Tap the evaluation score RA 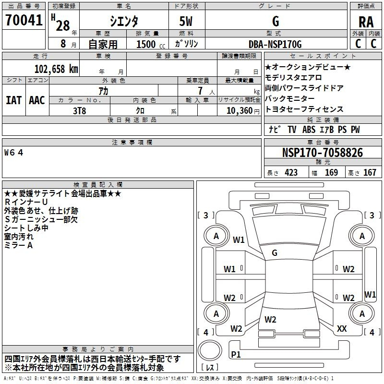pyautogui.click(x=366, y=22)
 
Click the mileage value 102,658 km pyautogui.click(x=56, y=69)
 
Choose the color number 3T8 pyautogui.click(x=80, y=110)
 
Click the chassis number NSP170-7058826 pyautogui.click(x=322, y=153)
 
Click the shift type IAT pyautogui.click(x=14, y=100)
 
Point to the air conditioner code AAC pyautogui.click(x=37, y=100)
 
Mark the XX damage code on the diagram pyautogui.click(x=342, y=329)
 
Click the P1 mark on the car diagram pyautogui.click(x=236, y=354)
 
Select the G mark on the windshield pyautogui.click(x=274, y=253)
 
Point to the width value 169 pyautogui.click(x=331, y=173)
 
